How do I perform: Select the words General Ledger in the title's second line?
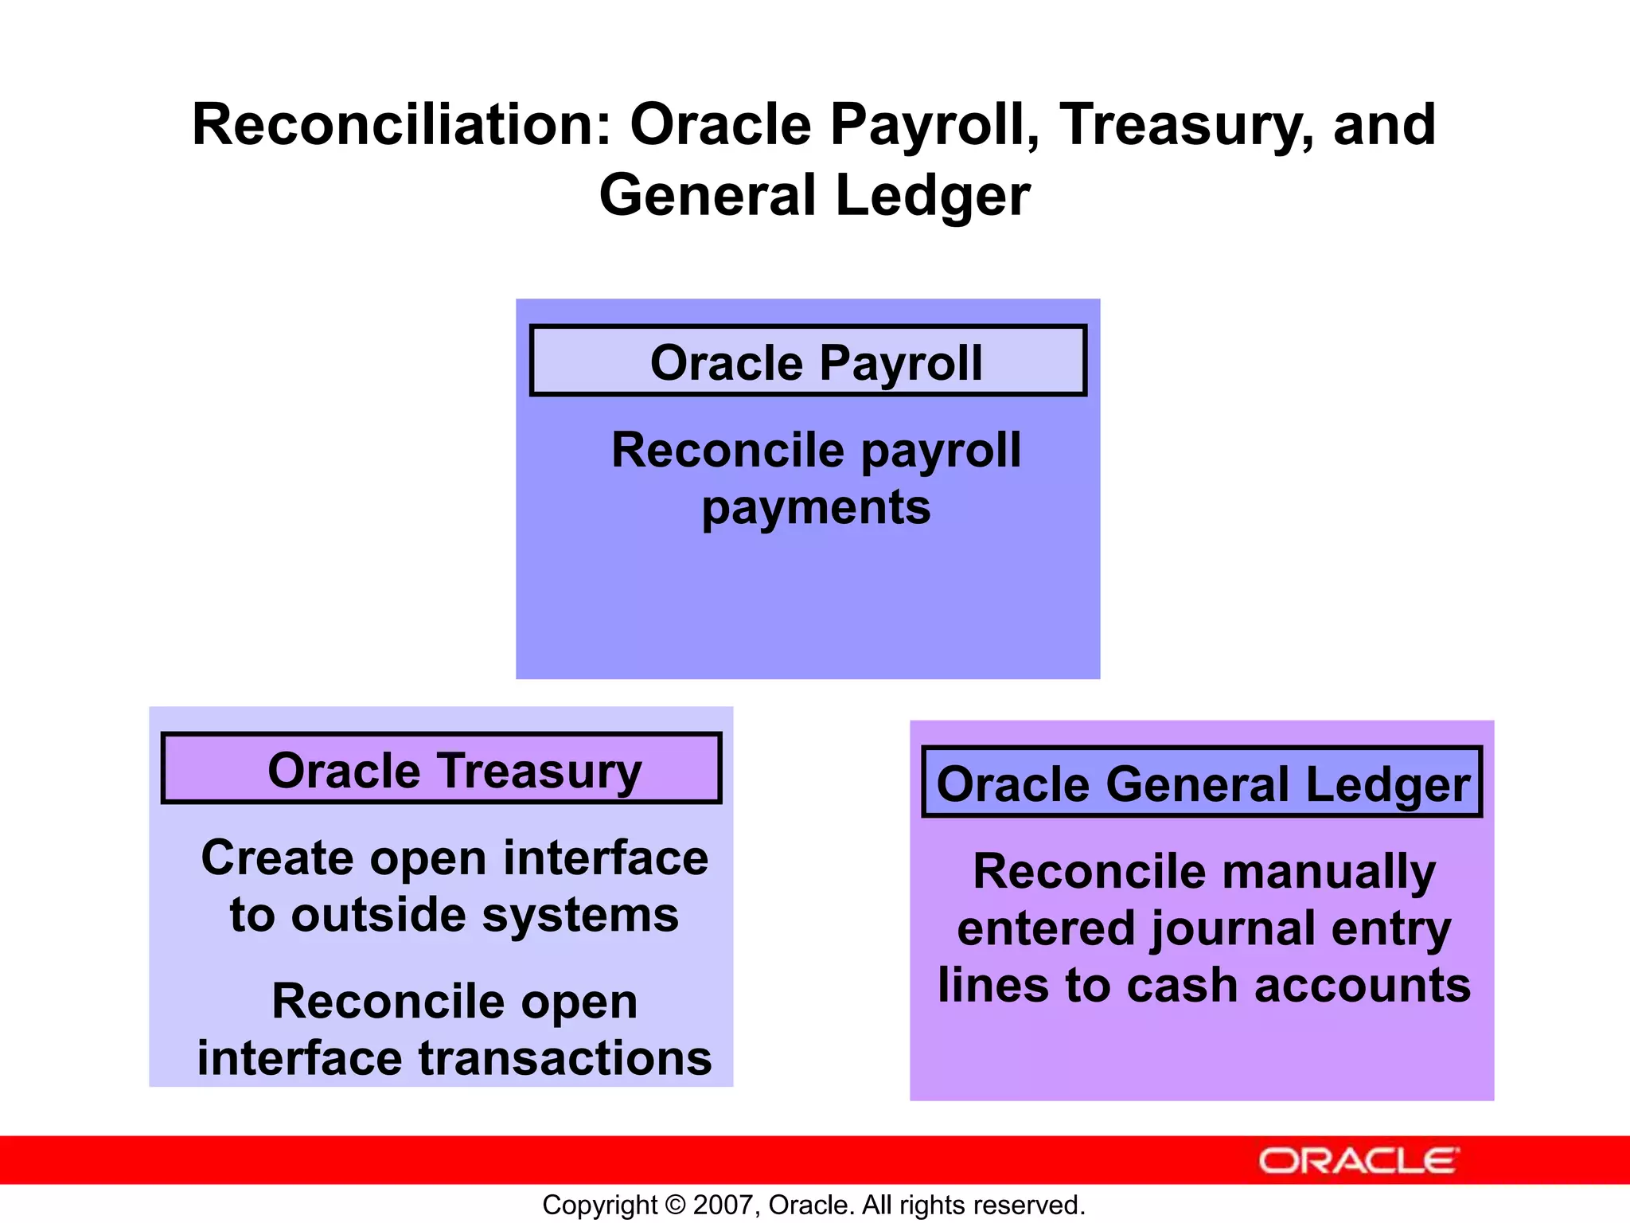(x=814, y=196)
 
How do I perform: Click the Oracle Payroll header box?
(x=808, y=361)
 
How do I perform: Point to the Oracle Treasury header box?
(x=442, y=768)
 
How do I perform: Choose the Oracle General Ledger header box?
(x=1202, y=783)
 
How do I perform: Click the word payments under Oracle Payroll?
(x=816, y=507)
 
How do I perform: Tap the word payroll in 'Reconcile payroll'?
(x=942, y=451)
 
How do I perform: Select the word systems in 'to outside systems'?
(x=580, y=916)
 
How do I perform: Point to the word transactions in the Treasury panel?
(x=565, y=1058)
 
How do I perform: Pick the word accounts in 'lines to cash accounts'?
(x=1362, y=986)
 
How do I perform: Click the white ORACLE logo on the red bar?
(x=1358, y=1161)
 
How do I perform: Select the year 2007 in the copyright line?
(x=719, y=1205)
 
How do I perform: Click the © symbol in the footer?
(x=675, y=1205)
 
